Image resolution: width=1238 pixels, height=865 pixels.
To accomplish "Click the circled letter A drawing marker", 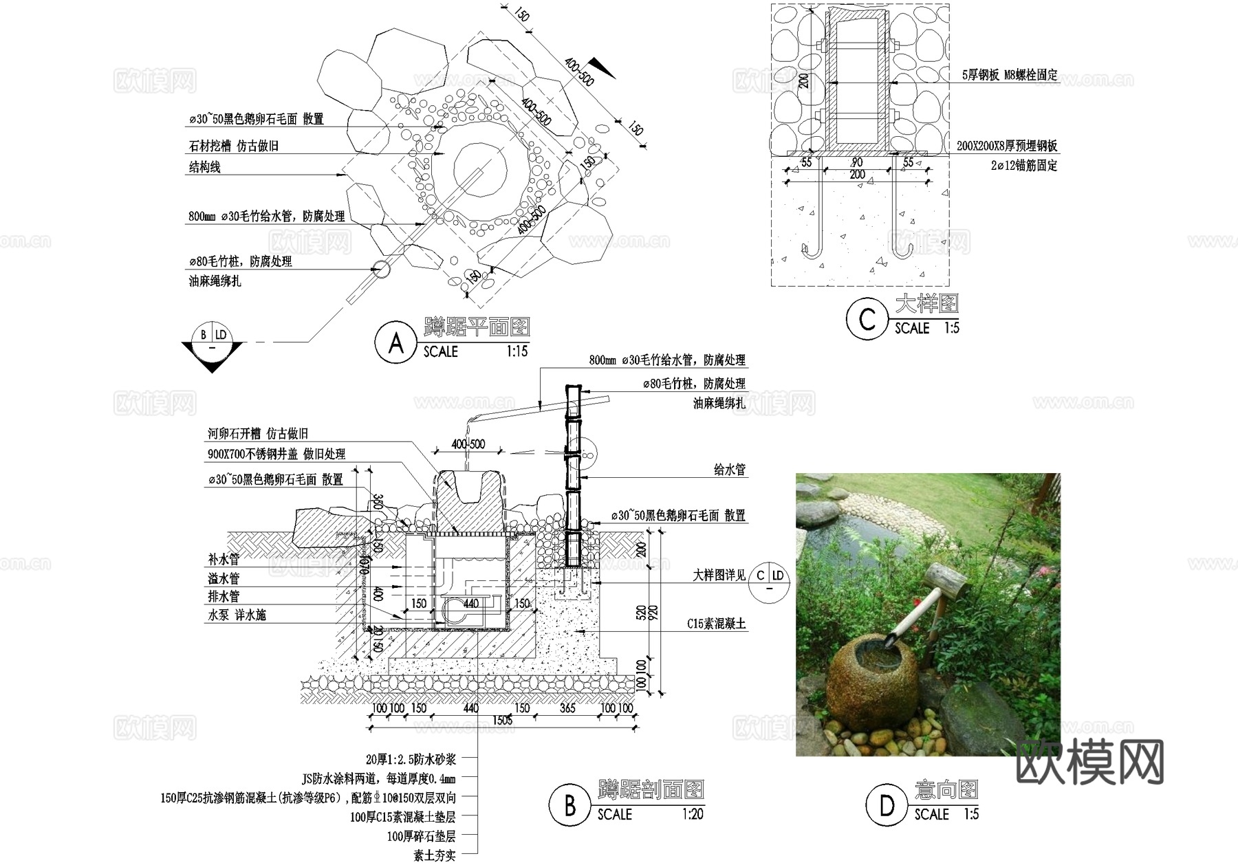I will pos(395,342).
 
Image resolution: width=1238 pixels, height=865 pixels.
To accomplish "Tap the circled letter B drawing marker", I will pos(569,805).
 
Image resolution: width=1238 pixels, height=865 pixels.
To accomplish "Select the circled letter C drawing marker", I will pos(867,319).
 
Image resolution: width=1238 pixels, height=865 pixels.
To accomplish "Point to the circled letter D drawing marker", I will pos(887,805).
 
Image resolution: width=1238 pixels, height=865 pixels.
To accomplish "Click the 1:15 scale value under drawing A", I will pos(517,351).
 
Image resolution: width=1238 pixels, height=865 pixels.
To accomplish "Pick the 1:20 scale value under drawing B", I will pos(693,814).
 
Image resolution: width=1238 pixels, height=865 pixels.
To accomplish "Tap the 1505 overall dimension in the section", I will pos(502,720).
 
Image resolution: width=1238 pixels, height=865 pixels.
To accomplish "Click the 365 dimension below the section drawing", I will pos(567,708).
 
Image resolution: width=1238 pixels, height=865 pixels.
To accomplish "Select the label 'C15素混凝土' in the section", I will pos(716,624).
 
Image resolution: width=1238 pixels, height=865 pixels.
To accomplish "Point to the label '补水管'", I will pos(224,560).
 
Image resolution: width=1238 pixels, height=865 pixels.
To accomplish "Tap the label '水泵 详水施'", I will pos(237,615).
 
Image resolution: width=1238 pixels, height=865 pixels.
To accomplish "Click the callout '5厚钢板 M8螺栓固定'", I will pos(1010,75).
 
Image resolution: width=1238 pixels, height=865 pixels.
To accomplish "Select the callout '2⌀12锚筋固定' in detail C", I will pos(1023,166).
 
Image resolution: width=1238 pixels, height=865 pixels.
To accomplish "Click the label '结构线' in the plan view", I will pos(205,167).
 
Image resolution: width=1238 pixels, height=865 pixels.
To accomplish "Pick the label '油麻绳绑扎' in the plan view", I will pos(215,281).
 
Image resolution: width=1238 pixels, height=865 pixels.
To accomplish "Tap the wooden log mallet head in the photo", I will pos(946,581).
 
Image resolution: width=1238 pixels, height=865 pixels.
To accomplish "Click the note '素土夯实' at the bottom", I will pos(434,855).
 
